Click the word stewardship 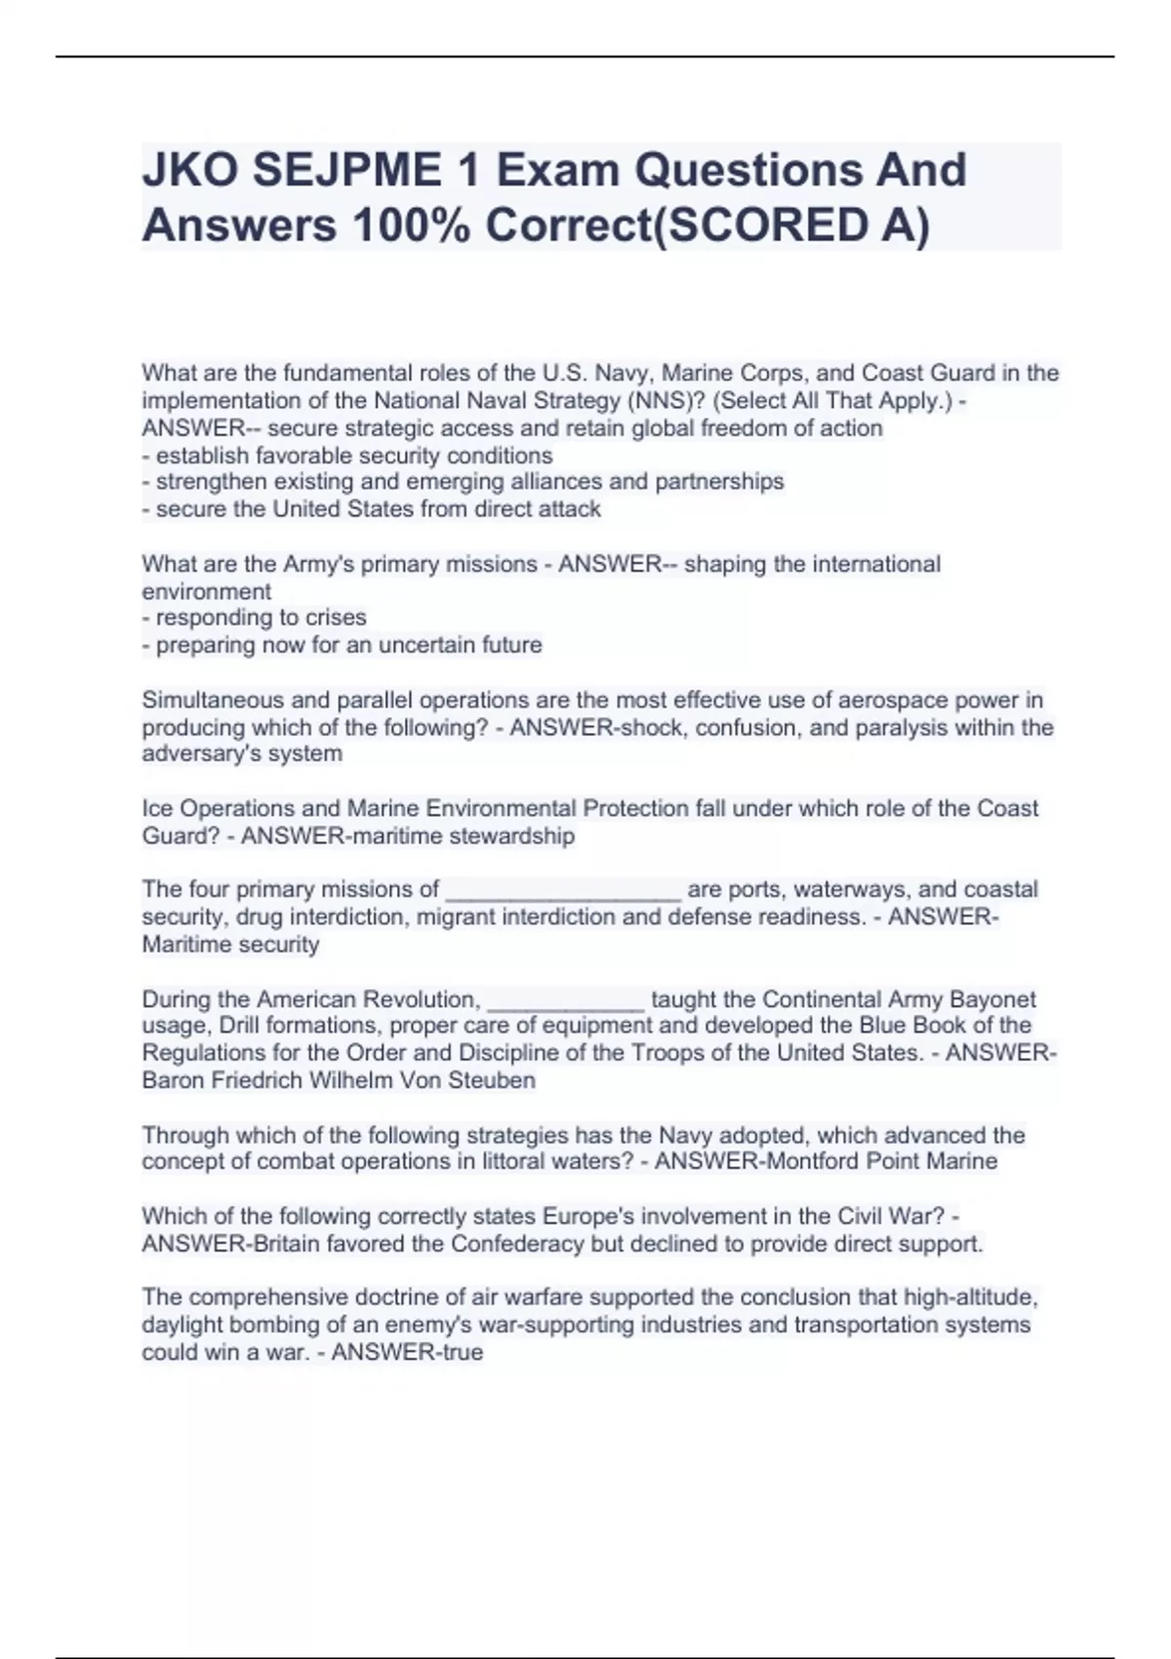coord(518,835)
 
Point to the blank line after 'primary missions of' coord(563,890)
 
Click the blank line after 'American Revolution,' coord(565,999)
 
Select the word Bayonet coord(992,999)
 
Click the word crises coord(335,618)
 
